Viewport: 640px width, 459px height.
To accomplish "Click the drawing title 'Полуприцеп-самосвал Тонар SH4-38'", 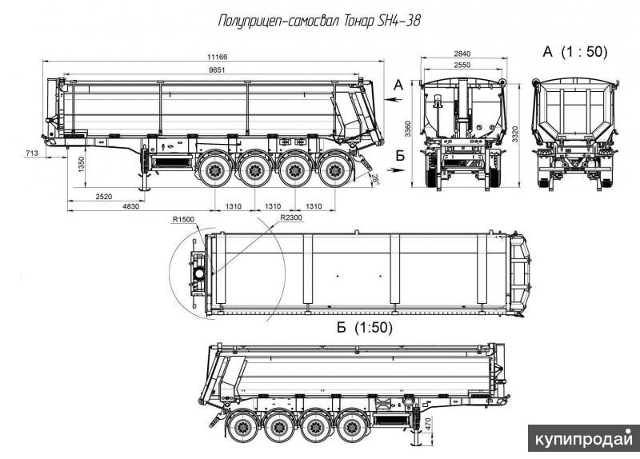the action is tap(319, 21).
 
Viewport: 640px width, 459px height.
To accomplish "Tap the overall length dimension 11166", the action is tap(217, 57).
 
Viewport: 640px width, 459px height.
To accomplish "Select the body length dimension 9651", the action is tap(217, 70).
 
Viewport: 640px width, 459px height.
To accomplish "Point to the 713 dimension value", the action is tap(32, 153).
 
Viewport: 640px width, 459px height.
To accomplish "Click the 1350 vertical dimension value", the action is tap(82, 165).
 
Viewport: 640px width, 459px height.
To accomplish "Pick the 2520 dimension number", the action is tap(104, 197).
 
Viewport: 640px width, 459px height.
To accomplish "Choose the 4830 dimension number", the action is tap(130, 206).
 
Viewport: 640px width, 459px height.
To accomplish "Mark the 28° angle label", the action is tap(374, 178).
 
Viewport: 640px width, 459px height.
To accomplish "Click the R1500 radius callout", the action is tap(183, 219).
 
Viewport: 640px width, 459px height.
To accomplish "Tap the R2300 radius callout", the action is tap(291, 218).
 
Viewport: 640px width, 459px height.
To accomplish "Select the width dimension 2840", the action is tap(462, 54).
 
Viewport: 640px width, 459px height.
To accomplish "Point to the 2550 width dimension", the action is tap(462, 65).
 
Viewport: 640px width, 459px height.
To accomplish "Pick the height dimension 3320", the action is tap(515, 134).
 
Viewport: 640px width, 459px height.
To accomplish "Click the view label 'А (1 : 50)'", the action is tap(575, 52).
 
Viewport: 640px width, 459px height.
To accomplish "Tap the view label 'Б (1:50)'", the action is tap(365, 327).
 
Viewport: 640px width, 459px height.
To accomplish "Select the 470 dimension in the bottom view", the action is tap(428, 423).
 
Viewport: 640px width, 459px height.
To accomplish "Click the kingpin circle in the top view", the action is tap(199, 273).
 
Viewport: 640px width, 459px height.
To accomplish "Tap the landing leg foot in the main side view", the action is tap(145, 189).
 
